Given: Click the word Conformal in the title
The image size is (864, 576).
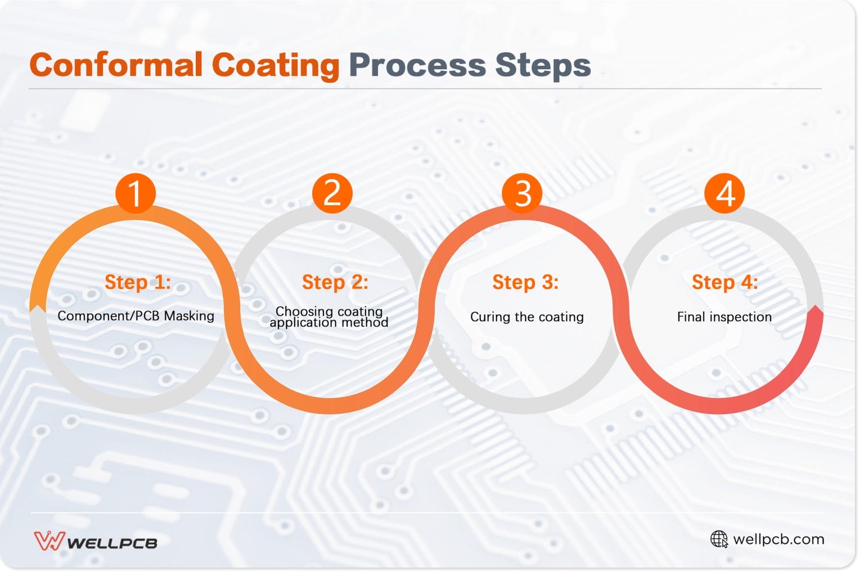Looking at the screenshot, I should point(116,65).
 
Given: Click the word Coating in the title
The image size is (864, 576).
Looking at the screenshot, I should point(275,65).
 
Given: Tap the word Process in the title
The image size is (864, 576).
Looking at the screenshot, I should point(417,65).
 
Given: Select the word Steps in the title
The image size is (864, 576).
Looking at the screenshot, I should point(543,65).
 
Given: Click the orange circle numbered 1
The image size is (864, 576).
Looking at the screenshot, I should point(135,193).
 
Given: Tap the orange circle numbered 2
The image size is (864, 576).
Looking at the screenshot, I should point(332,193).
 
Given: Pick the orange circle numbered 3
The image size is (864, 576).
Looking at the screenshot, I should point(523,193).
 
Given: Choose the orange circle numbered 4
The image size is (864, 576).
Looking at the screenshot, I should point(724,193).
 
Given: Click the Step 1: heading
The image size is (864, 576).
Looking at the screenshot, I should point(137,282).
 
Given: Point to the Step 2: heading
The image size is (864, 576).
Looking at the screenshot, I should point(335,282).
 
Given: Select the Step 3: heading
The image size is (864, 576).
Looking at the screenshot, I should point(525,282).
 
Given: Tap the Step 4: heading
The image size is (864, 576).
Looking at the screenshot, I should point(724,282).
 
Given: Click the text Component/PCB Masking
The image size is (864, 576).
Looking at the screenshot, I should point(136,316).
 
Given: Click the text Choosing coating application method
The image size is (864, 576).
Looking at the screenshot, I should point(329,317).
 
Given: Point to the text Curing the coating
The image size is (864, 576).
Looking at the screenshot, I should point(526,317).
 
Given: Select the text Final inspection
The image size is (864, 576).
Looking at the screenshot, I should point(724,317).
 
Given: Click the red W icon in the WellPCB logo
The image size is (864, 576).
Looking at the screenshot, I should point(49,541).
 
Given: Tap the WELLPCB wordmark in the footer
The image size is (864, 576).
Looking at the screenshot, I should point(112,543).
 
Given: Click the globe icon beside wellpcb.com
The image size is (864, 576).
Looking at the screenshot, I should point(718,539).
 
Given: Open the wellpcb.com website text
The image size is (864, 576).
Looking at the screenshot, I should point(778,539).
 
